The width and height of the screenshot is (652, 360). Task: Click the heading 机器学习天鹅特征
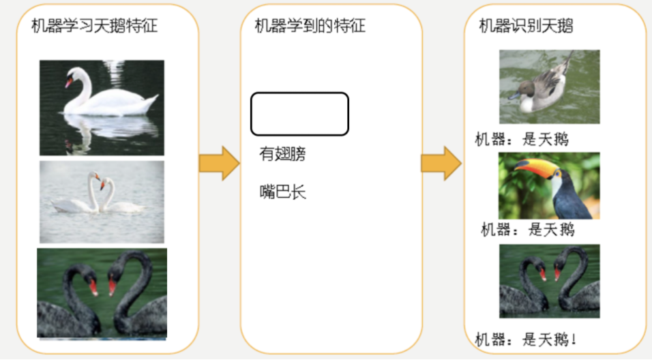[x=94, y=27]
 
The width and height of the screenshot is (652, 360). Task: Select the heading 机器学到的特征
[x=310, y=27]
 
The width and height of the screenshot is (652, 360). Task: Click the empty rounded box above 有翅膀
[x=299, y=114]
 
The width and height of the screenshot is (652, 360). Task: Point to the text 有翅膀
[x=282, y=155]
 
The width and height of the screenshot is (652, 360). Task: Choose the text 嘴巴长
[x=282, y=192]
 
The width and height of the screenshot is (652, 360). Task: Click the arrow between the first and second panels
[x=218, y=164]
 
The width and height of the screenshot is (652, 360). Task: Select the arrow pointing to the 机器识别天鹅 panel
[x=440, y=164]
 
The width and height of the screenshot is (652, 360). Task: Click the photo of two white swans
[x=102, y=202]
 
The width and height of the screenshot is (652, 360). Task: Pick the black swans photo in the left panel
[x=102, y=293]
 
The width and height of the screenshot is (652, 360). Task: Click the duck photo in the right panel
[x=549, y=87]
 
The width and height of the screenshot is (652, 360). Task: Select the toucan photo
[x=549, y=185]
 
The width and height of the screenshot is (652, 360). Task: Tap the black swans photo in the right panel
[x=549, y=281]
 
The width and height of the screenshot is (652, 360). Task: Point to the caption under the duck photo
[x=522, y=140]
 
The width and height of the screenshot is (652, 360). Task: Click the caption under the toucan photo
[x=527, y=230]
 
